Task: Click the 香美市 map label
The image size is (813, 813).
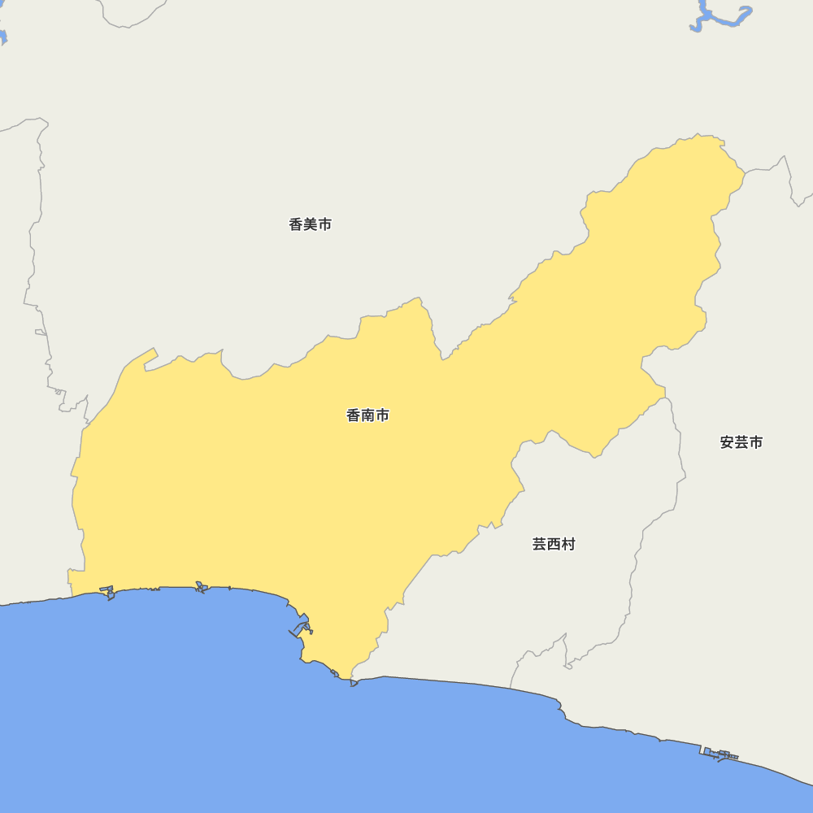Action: click(310, 224)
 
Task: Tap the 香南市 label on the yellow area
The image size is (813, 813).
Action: click(367, 415)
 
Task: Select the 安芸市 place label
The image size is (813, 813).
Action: click(741, 442)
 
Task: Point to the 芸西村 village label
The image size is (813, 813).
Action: click(554, 544)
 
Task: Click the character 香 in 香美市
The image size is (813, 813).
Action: click(296, 224)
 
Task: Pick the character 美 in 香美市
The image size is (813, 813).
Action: click(311, 224)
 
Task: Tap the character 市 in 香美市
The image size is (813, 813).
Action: click(324, 224)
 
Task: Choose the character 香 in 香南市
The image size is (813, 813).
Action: click(354, 415)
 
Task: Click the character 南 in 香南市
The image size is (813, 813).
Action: click(368, 415)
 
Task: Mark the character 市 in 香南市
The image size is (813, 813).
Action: click(382, 415)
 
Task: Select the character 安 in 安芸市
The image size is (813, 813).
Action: click(728, 442)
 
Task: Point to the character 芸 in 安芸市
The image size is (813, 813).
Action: click(741, 442)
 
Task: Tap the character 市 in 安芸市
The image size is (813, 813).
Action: click(756, 442)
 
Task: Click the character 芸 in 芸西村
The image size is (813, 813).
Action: click(540, 544)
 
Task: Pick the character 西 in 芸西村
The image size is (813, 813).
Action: click(554, 544)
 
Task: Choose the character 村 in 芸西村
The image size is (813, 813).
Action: click(568, 544)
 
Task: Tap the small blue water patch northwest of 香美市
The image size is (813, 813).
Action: click(2, 37)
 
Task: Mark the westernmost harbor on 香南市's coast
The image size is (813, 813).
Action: click(107, 592)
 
